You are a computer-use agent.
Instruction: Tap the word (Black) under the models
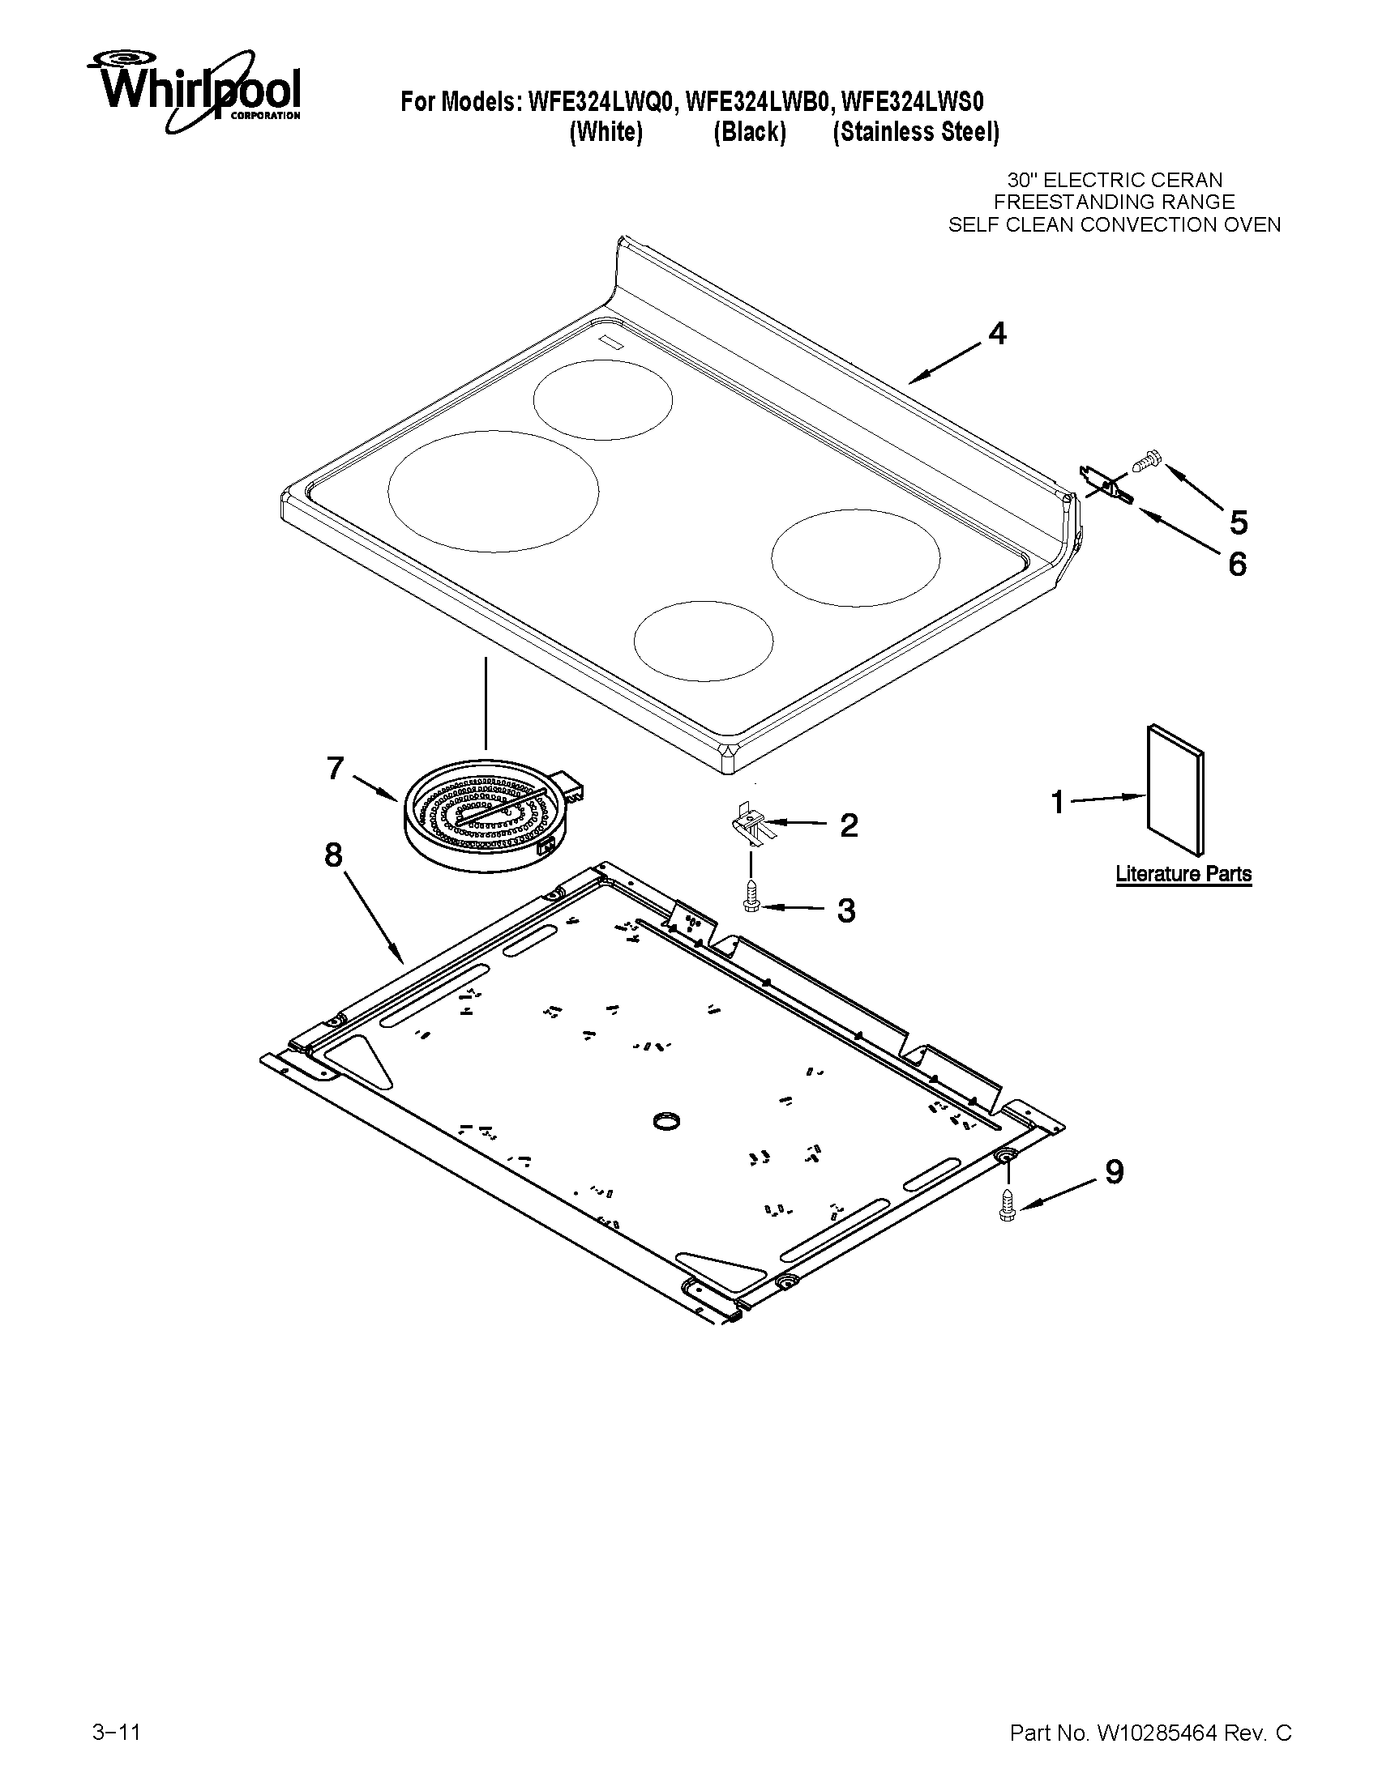point(749,132)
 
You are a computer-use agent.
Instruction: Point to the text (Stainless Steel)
point(915,132)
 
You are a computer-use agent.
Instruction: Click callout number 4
point(997,334)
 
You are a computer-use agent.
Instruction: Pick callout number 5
point(1239,522)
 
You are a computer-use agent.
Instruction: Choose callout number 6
point(1238,564)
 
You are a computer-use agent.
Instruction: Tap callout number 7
point(335,768)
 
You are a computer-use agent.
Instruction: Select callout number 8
point(333,855)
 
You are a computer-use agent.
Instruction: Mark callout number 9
point(1114,1172)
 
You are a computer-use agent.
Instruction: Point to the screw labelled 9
point(1007,1203)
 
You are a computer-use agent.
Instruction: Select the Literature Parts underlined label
point(1183,874)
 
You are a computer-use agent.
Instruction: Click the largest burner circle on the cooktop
point(493,490)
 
